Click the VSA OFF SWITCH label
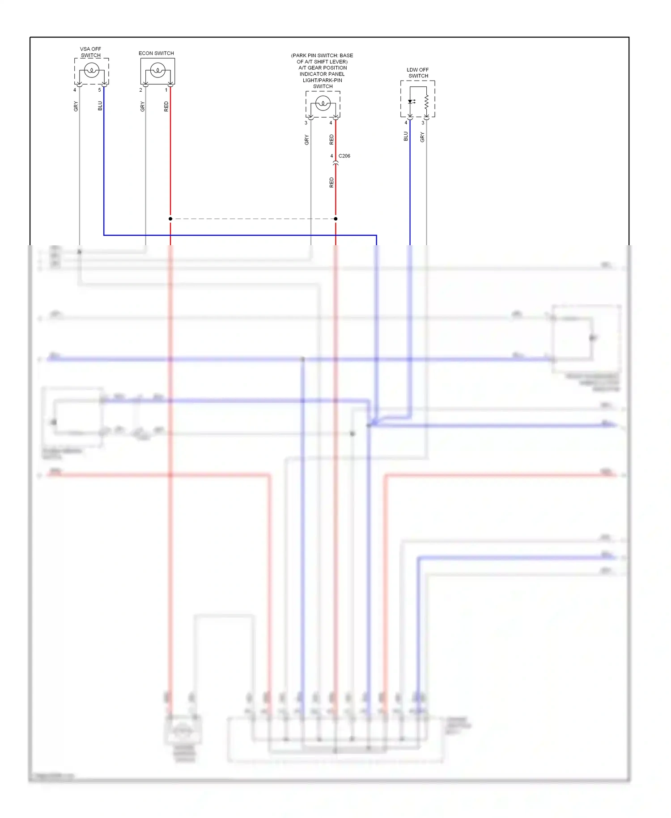90,52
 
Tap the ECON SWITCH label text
156,53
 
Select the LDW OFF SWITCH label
418,73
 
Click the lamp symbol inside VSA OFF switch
92,70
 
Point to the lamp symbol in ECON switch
157,70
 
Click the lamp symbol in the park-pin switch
323,103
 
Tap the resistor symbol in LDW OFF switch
426,101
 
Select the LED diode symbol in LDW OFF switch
410,102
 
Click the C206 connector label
344,156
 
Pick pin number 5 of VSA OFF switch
100,90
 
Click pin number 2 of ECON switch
141,90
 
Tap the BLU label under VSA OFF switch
100,106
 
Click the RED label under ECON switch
166,107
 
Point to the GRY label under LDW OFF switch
422,137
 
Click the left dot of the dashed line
170,219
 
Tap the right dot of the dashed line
335,219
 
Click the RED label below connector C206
331,183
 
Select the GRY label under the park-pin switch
307,140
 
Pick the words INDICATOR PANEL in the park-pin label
322,74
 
